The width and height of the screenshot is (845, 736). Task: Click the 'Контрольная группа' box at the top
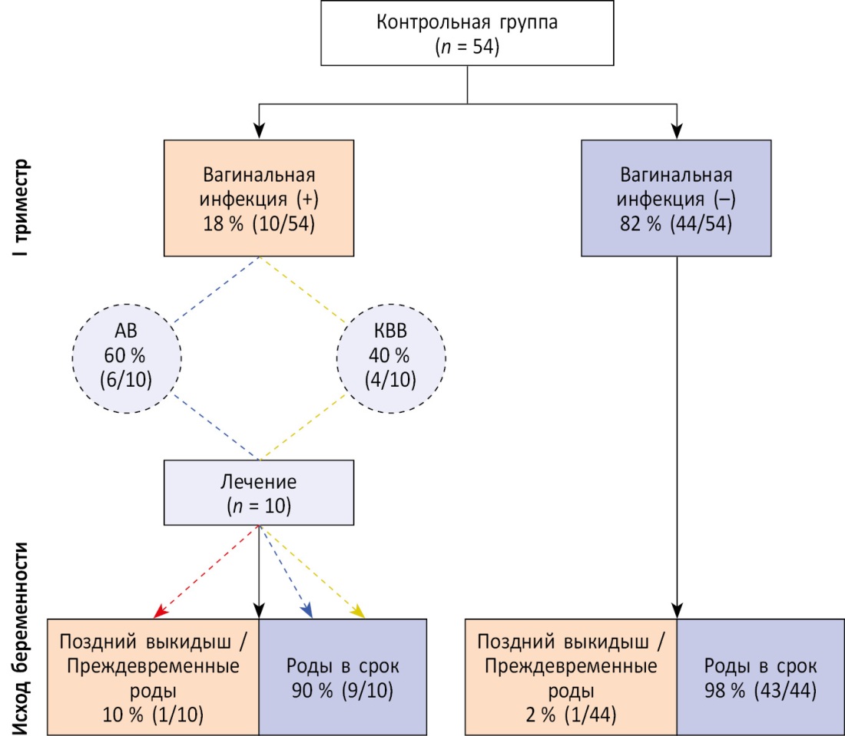coord(468,34)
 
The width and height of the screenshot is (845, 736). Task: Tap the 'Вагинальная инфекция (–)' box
coord(677,197)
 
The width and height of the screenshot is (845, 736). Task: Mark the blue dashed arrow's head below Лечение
coord(308,613)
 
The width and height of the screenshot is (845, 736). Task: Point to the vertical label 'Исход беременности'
coord(24,637)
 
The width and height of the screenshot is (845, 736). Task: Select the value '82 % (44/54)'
coord(677,221)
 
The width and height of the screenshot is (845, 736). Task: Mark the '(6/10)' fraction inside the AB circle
coord(127,381)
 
